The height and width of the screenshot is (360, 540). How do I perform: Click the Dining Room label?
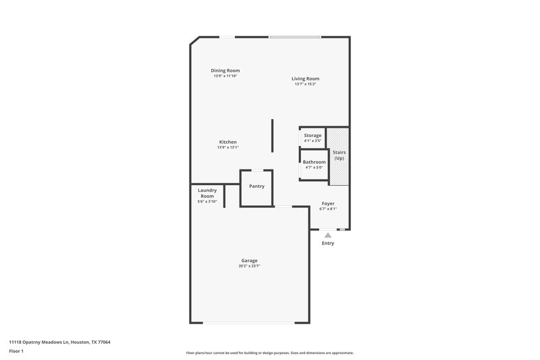pyautogui.click(x=225, y=70)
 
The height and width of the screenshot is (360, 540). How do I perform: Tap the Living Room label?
pyautogui.click(x=305, y=78)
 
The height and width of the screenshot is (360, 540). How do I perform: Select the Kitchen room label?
pyautogui.click(x=227, y=142)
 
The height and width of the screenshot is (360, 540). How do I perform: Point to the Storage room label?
pyautogui.click(x=313, y=136)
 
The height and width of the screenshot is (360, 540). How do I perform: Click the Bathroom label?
pyautogui.click(x=314, y=162)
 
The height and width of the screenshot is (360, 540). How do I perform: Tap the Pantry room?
pyautogui.click(x=256, y=186)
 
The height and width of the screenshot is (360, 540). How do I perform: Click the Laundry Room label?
pyautogui.click(x=207, y=192)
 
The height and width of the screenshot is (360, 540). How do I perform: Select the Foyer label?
pyautogui.click(x=327, y=203)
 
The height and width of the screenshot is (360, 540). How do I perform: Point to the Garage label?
pyautogui.click(x=250, y=261)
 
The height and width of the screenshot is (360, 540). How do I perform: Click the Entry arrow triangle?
pyautogui.click(x=328, y=235)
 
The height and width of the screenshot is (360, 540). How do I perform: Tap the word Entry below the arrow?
pyautogui.click(x=327, y=243)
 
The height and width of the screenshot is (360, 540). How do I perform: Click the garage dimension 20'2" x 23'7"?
pyautogui.click(x=250, y=266)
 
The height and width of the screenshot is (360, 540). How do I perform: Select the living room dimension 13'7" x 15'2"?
pyautogui.click(x=305, y=84)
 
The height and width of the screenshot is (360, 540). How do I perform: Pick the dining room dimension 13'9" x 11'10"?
pyautogui.click(x=225, y=76)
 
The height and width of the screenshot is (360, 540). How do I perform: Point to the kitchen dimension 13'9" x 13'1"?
pyautogui.click(x=227, y=147)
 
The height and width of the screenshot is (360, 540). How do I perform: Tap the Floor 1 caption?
pyautogui.click(x=17, y=351)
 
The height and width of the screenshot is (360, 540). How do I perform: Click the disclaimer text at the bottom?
pyautogui.click(x=270, y=353)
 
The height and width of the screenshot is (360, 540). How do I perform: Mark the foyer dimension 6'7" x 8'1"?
pyautogui.click(x=327, y=209)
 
